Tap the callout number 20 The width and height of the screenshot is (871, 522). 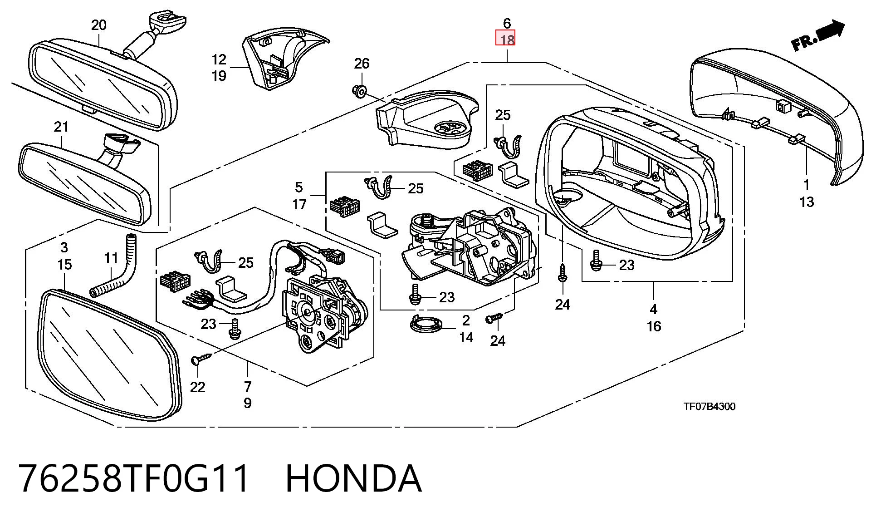[98, 25]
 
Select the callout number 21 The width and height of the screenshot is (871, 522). [61, 127]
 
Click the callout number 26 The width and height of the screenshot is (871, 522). [362, 64]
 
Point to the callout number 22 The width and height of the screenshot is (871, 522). [198, 387]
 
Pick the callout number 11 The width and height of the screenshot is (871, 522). [111, 258]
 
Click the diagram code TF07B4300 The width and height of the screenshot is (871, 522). [710, 406]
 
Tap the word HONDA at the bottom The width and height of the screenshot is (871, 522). [353, 478]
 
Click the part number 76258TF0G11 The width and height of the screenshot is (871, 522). [134, 478]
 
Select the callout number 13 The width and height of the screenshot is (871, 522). [807, 202]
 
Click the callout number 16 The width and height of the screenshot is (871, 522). [654, 326]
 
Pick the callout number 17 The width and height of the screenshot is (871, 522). [299, 205]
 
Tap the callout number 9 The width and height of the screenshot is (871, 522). [248, 403]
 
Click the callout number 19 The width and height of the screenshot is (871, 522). [219, 76]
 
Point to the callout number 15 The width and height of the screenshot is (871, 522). [64, 265]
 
